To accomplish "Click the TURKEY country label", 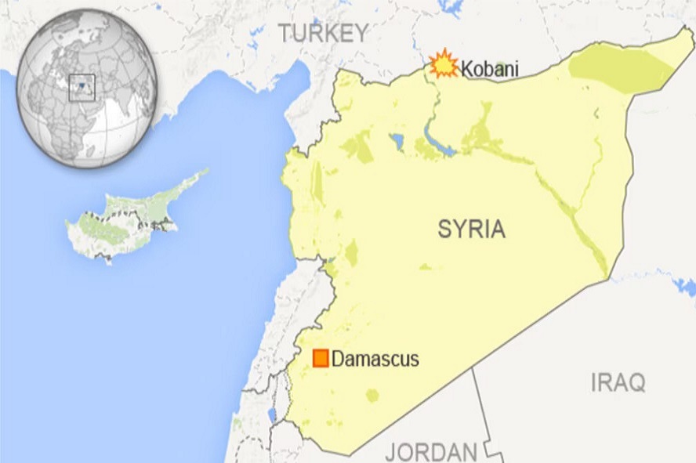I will (x=324, y=33).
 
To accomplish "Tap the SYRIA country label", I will (x=471, y=230).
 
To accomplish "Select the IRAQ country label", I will (x=618, y=383).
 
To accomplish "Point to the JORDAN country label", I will (x=431, y=452).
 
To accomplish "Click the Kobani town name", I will (x=489, y=69).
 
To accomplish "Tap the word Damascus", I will (x=375, y=360).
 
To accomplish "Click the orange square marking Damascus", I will (x=321, y=358).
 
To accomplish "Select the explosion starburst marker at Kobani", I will (x=444, y=64).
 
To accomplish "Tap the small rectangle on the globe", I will (x=82, y=86).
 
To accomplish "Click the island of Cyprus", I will (x=125, y=219).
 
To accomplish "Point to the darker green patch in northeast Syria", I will (x=619, y=67).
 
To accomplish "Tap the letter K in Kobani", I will (x=466, y=69).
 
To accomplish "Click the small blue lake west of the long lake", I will (x=397, y=141).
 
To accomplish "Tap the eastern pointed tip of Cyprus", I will (x=205, y=172).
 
